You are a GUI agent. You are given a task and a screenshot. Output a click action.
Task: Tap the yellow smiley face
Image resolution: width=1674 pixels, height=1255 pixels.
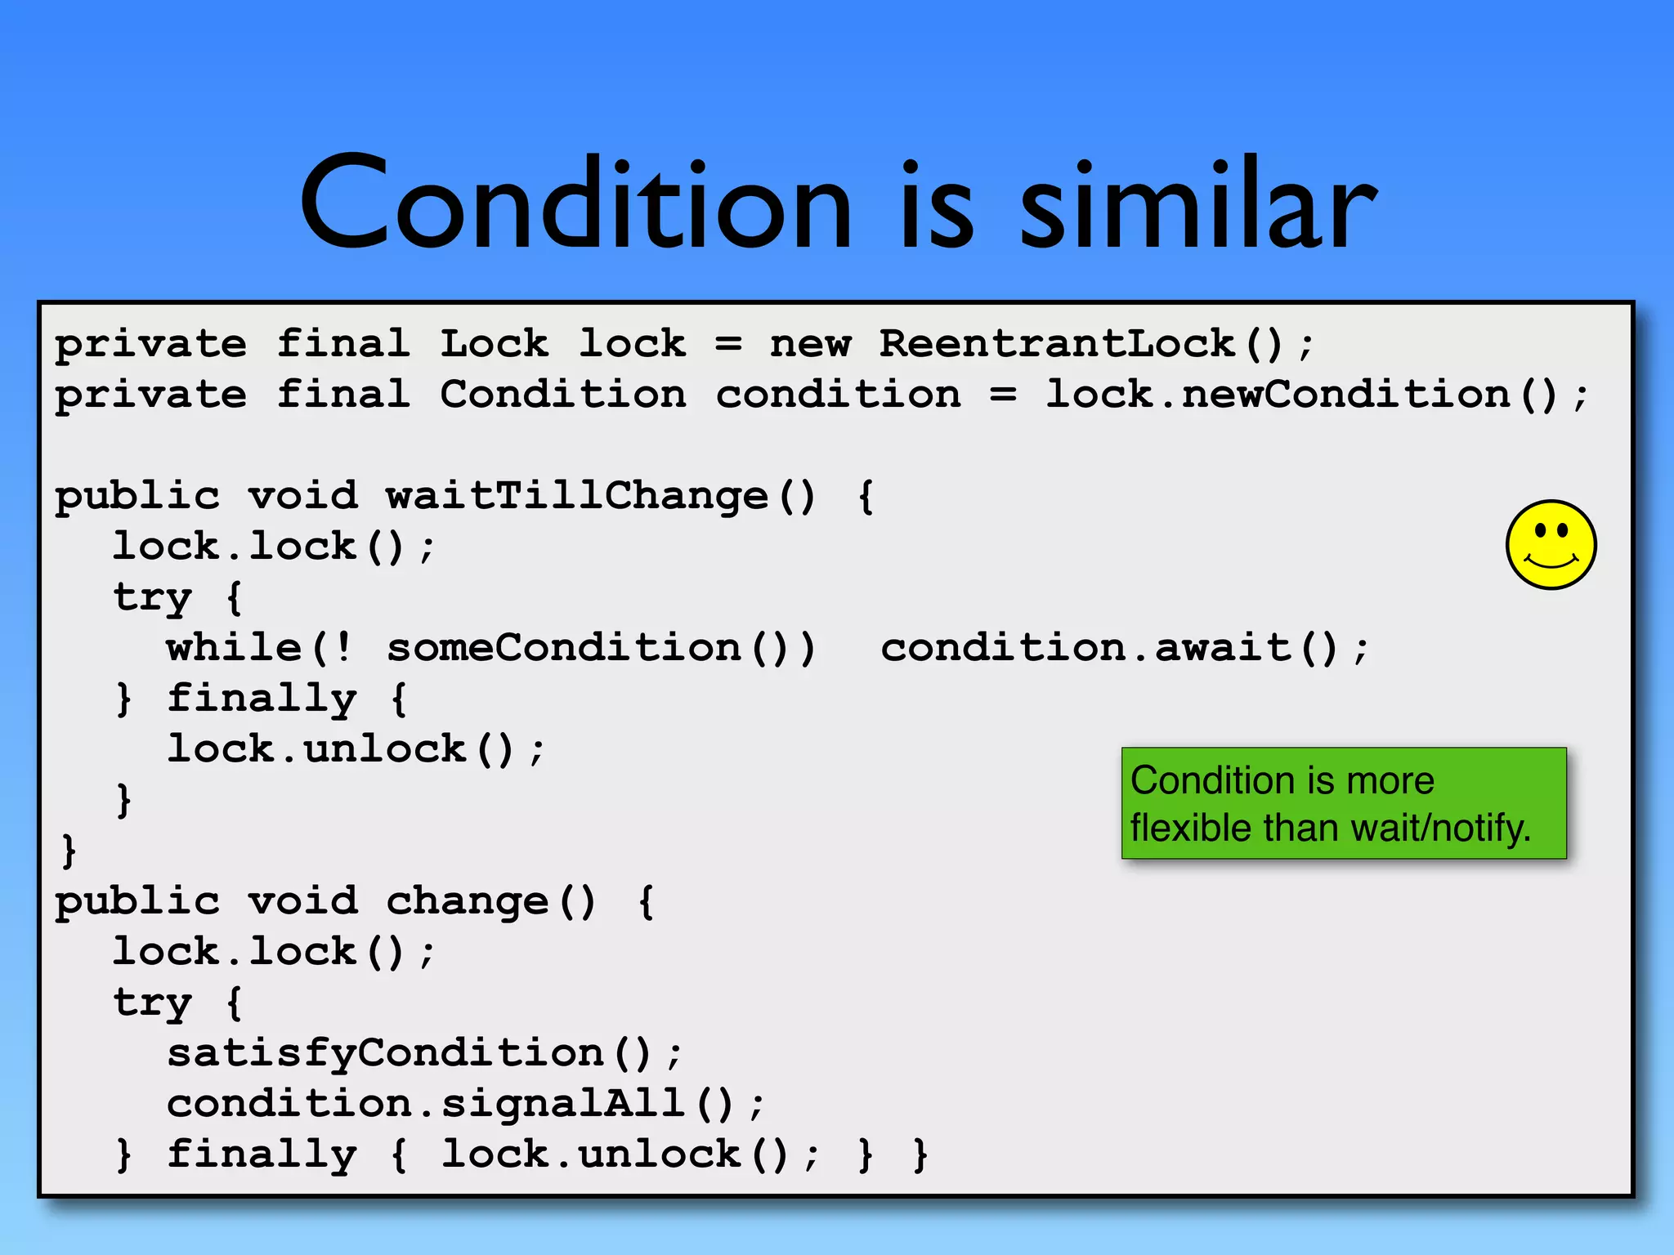click(1551, 544)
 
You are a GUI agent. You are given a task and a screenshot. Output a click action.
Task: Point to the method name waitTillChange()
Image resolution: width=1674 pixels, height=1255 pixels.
click(601, 496)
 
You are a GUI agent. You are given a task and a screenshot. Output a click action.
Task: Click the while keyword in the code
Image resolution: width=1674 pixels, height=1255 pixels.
click(235, 648)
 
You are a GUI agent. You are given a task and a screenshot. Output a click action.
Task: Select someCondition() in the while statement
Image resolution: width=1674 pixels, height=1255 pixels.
click(601, 648)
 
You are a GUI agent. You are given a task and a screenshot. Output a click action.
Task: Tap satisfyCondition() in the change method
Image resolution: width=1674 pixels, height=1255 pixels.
click(409, 1052)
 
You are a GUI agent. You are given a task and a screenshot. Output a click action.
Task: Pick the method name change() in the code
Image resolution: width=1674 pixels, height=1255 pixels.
click(490, 901)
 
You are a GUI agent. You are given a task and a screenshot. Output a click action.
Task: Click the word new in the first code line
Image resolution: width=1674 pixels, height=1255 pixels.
click(810, 344)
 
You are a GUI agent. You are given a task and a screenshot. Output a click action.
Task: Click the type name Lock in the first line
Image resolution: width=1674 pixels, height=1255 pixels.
click(494, 344)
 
